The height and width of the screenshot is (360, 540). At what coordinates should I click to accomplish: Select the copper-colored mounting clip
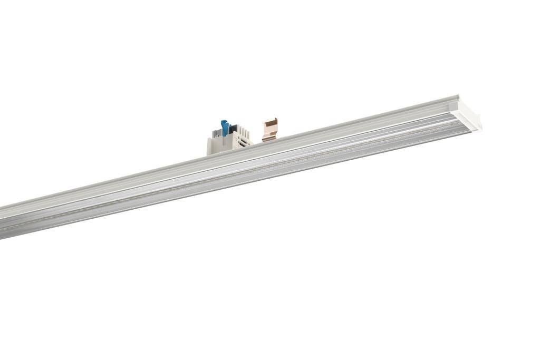coord(269,130)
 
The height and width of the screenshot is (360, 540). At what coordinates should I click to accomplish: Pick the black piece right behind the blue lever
coord(230,128)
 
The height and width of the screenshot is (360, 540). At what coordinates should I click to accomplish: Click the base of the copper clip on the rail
coord(269,139)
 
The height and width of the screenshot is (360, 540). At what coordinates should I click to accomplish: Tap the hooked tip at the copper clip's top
coord(275,120)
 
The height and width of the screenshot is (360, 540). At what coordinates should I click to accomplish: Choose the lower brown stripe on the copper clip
coord(269,134)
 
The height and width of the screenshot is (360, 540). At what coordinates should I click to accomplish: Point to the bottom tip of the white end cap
coord(479,129)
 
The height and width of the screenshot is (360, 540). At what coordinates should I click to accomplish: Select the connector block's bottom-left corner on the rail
coord(209,153)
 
